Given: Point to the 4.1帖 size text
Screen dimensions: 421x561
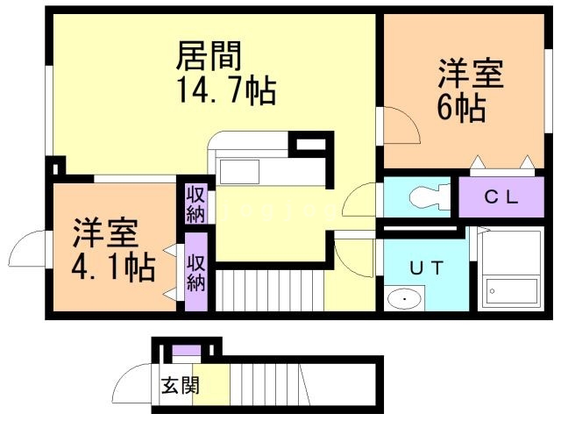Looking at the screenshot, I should (x=114, y=264).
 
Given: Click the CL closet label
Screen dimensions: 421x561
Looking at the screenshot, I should (x=503, y=196).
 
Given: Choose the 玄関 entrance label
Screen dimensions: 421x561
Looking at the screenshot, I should (x=181, y=386).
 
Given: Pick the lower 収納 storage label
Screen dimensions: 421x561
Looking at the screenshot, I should (x=195, y=271).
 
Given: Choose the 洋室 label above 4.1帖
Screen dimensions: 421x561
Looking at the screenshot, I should (x=104, y=232).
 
